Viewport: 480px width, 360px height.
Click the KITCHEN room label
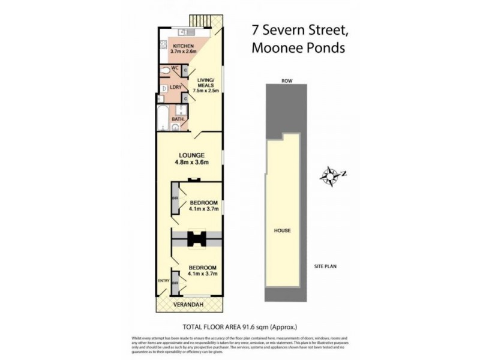[182, 46]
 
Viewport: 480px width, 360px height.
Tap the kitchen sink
[187, 32]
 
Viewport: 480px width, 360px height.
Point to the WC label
[176, 68]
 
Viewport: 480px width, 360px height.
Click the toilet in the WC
[166, 71]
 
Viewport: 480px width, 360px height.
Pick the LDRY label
[176, 87]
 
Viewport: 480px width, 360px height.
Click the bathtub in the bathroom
[163, 116]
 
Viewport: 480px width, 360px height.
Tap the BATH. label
[178, 119]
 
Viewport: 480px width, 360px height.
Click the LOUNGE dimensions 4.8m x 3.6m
[191, 161]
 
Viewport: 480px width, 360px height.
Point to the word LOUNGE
[191, 154]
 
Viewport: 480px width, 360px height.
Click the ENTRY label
[163, 280]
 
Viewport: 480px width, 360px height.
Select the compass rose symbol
[330, 176]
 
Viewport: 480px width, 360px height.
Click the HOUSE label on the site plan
[282, 230]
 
